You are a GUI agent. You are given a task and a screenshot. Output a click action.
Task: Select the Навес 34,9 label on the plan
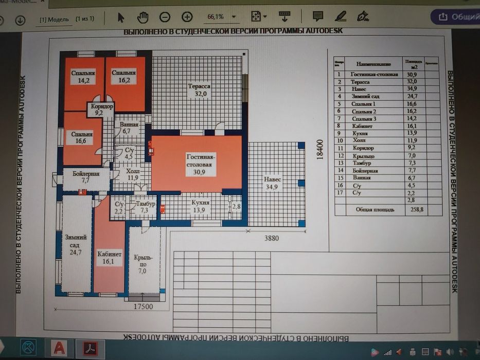coord(273,183)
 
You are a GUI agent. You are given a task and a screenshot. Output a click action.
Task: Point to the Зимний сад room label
coord(76,245)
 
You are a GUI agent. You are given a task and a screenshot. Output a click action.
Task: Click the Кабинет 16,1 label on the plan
coord(109,258)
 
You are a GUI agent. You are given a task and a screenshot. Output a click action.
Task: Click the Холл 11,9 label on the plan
coord(133,174)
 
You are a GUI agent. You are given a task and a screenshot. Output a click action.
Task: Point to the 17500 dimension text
coord(143,306)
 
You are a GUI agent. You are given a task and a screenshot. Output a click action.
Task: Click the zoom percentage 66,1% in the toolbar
coord(216,17)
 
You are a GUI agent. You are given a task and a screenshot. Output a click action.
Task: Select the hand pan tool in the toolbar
coord(143,17)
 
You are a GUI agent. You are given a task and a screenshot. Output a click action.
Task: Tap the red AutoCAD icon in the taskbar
coord(59,348)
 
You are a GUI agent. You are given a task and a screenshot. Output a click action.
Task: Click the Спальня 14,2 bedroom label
coord(83,77)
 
